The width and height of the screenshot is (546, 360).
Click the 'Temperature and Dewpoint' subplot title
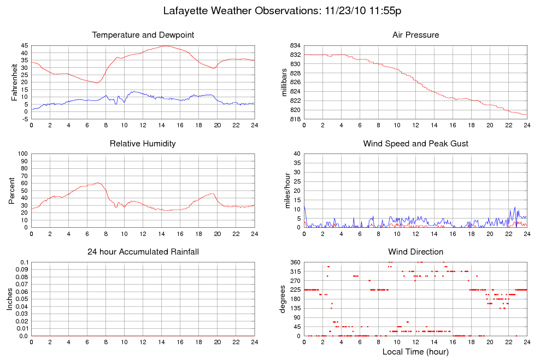pos(143,35)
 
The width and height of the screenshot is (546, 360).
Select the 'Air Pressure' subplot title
pos(415,35)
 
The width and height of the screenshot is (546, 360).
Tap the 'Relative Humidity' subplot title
pos(143,144)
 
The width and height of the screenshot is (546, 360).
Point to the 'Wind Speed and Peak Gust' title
pos(415,144)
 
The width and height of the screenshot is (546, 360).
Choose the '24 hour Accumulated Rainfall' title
pos(143,252)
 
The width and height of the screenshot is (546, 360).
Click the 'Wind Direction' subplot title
pos(415,252)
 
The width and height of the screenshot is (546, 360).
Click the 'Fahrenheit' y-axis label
pos(15,82)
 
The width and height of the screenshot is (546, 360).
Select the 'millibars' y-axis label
pos(284,82)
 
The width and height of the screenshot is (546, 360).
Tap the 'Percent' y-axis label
pos(12,191)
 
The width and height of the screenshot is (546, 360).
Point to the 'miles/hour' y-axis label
pos(284,191)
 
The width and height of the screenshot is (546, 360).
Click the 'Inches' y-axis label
pos(9,299)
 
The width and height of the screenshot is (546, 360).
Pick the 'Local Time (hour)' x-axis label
pos(415,352)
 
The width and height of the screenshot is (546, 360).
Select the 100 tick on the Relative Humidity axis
pos(22,154)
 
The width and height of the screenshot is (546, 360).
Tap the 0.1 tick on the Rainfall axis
pos(22,262)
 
